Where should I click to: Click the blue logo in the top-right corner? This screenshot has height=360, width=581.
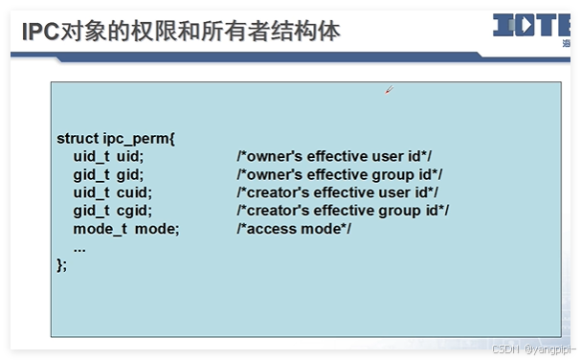coord(530,27)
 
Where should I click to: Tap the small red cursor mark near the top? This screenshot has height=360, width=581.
coord(389,90)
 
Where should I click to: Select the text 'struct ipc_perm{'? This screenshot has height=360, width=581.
coord(116,138)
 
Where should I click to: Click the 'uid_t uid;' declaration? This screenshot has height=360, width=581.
coord(108,156)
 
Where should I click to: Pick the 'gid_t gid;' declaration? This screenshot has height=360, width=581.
coord(108,174)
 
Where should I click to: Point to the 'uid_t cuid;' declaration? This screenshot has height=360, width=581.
coord(112,192)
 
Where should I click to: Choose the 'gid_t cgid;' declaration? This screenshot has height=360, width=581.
coord(112,211)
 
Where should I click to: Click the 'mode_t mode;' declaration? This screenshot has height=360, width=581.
coord(126,229)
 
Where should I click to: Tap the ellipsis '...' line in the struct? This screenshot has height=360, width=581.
coord(79,247)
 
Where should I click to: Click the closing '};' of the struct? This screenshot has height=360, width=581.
coord(62,264)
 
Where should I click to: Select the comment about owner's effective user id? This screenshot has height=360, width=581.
coord(336,156)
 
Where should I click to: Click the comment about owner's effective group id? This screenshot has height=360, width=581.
coord(340,174)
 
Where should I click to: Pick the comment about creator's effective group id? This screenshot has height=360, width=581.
coord(343,211)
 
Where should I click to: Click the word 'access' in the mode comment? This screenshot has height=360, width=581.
coord(270,229)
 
